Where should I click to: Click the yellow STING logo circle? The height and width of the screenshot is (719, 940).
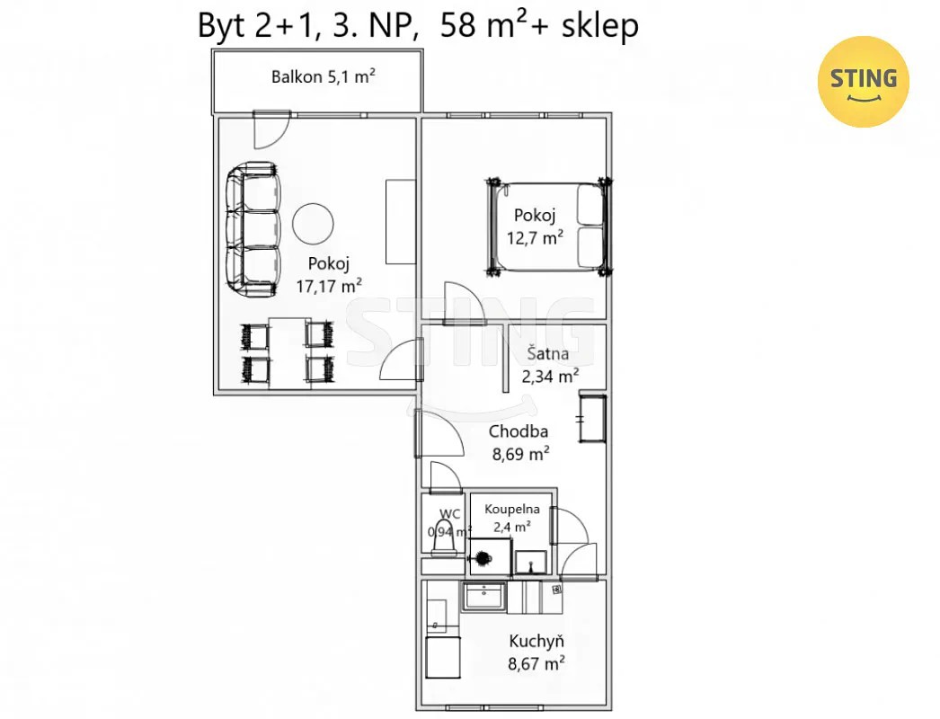(864, 82)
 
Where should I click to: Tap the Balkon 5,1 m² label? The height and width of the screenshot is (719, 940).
(324, 76)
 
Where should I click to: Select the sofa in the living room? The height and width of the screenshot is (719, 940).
(253, 229)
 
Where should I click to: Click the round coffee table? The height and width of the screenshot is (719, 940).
(313, 223)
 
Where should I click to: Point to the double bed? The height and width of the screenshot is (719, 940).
(548, 226)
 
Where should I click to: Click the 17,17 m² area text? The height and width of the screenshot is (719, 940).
(329, 286)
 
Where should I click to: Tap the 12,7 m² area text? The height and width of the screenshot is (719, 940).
(535, 238)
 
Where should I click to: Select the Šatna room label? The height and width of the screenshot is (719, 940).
(548, 353)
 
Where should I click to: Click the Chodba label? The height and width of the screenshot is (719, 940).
(518, 431)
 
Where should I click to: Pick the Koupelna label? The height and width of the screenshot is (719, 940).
(512, 509)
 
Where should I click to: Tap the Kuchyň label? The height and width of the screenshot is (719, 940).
(537, 641)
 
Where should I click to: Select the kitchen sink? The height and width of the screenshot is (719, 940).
(483, 596)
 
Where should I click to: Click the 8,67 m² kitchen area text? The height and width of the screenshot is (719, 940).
(536, 664)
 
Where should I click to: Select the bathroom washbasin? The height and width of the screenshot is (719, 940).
(530, 563)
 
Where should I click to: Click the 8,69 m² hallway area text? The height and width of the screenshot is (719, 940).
(521, 454)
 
